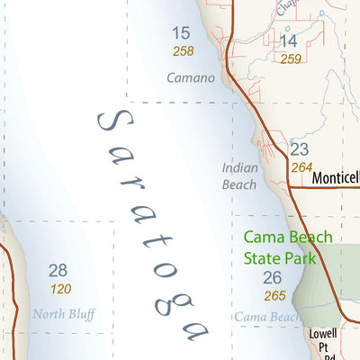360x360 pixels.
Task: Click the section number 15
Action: coord(182,34)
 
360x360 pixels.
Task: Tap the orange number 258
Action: coord(184,52)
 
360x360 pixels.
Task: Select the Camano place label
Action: coord(191,77)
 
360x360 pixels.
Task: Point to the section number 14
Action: coord(288,40)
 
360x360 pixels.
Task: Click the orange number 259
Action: coord(290,58)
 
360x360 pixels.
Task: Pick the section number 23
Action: coord(300,148)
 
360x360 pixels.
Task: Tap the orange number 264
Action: coord(301,166)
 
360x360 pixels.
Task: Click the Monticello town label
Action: coord(336,178)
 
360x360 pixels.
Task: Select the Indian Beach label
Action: coord(239,175)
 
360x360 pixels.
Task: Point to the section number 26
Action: coord(273,277)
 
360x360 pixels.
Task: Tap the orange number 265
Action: coord(274,295)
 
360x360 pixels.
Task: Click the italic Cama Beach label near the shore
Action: coord(268,317)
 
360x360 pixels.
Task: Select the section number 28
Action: coord(58,270)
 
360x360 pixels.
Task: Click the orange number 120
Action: coord(61,289)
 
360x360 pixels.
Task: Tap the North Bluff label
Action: coord(63,314)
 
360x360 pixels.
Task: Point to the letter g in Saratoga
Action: coord(166,301)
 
